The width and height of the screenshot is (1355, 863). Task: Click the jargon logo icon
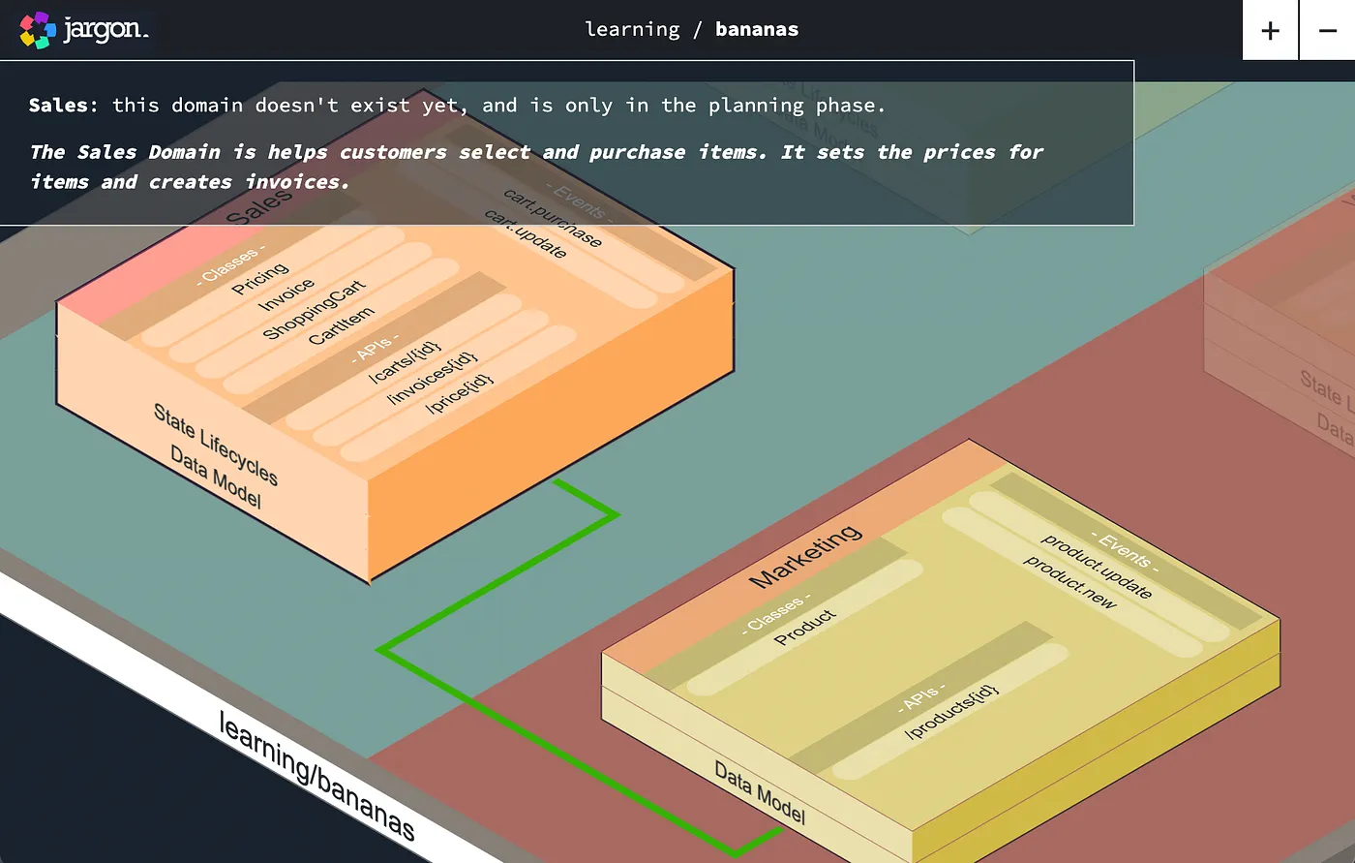tap(37, 30)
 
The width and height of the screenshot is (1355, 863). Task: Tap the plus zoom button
tap(1270, 30)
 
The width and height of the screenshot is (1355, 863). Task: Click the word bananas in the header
tap(757, 29)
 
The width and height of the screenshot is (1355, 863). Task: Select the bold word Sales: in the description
tap(63, 106)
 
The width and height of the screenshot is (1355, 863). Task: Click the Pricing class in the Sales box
tap(260, 279)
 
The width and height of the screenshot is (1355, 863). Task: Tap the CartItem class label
tap(341, 326)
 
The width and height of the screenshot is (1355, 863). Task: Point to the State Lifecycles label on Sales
tap(216, 445)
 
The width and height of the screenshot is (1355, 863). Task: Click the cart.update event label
tap(526, 233)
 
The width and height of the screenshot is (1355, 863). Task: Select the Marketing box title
tap(805, 556)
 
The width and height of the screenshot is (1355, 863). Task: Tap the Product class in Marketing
tap(805, 627)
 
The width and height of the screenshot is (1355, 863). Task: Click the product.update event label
tap(1097, 566)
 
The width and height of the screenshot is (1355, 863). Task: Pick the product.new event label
tap(1070, 582)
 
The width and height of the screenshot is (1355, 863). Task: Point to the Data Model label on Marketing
tap(760, 791)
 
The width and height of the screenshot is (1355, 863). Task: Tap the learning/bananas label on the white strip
tap(317, 776)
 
